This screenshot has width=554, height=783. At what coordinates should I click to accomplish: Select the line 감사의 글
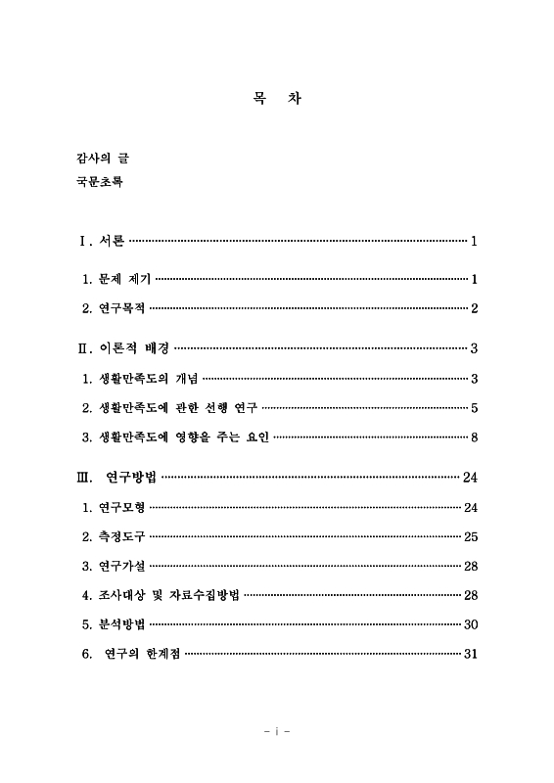pos(100,157)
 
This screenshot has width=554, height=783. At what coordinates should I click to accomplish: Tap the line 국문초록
pos(100,182)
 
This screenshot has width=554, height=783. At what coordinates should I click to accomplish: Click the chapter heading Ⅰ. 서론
pos(102,241)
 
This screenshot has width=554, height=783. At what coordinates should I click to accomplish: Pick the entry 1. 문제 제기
pos(116,279)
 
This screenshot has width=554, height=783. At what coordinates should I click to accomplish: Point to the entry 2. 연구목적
pos(114,308)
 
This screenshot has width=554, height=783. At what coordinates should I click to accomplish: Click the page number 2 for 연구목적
pos(474,308)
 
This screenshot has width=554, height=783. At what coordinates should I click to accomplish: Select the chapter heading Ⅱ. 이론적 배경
pos(124,347)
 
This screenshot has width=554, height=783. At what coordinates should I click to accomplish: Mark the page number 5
pos(474,407)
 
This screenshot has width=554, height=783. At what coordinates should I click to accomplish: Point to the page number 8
pos(474,437)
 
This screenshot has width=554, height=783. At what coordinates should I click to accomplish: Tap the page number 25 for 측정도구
pos(470,536)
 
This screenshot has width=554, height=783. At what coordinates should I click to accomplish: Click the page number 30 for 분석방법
pos(470,624)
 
